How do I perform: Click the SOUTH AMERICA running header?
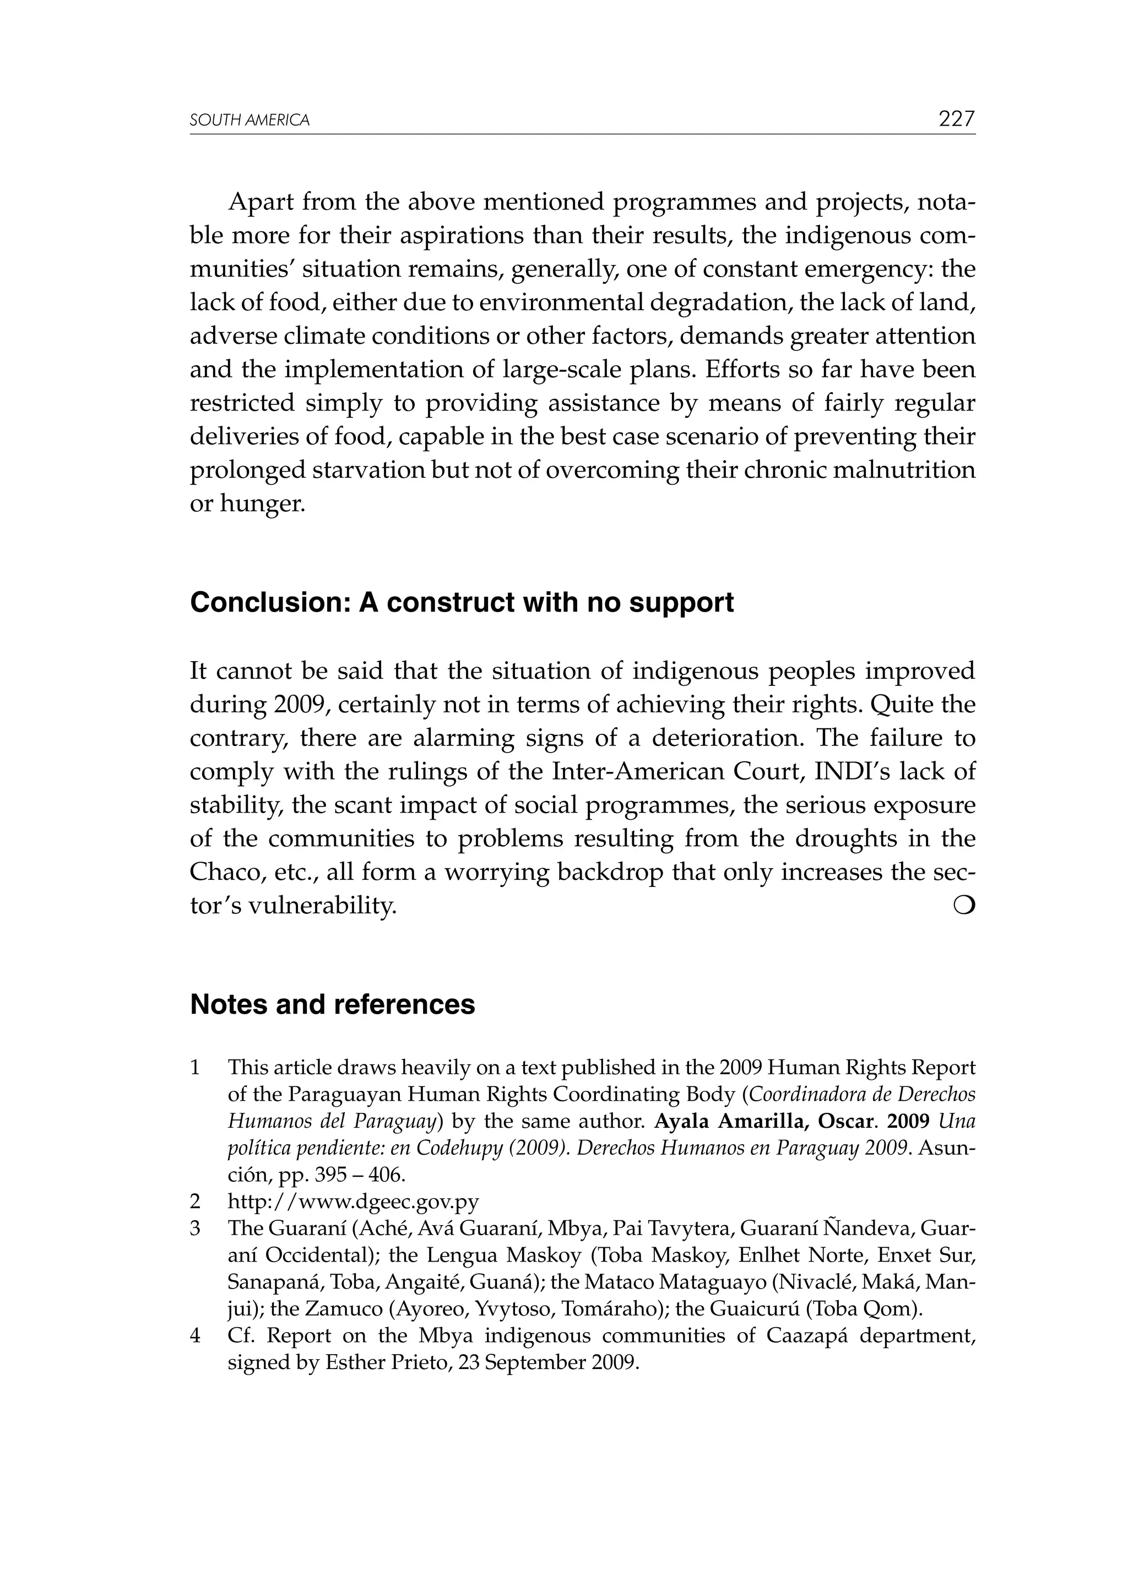pyautogui.click(x=250, y=120)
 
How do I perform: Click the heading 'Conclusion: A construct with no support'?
pyautogui.click(x=462, y=603)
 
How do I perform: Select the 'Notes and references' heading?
pyautogui.click(x=332, y=1004)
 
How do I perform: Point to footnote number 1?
pyautogui.click(x=196, y=1067)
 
